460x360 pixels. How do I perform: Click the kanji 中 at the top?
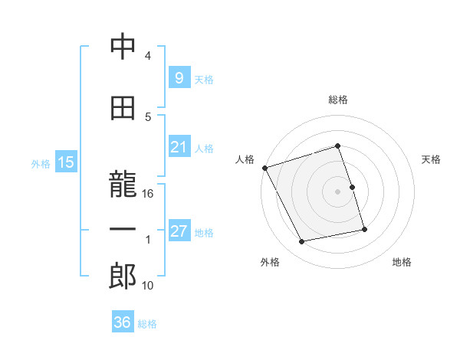[x=122, y=48]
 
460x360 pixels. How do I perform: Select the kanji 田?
[x=122, y=110]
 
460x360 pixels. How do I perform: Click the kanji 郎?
[x=122, y=277]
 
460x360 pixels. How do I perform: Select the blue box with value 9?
[x=179, y=78]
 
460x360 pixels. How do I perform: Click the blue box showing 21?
[x=179, y=147]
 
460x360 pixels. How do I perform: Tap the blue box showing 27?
[x=179, y=231]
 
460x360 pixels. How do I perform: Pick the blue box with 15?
[x=65, y=162]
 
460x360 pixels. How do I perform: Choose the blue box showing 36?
[x=122, y=322]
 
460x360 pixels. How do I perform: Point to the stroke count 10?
[x=148, y=286]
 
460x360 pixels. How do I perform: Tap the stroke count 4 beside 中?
[x=148, y=56]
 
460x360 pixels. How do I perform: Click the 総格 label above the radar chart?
[x=337, y=100]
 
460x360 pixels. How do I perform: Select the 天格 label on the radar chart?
[x=432, y=159]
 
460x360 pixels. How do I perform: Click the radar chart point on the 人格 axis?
[x=264, y=167]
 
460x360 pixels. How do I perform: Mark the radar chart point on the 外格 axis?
[x=302, y=242]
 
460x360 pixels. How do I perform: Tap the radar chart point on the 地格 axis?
[x=364, y=229]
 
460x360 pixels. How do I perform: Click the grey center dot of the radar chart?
[x=337, y=191]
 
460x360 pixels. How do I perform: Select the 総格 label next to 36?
[x=147, y=324]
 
